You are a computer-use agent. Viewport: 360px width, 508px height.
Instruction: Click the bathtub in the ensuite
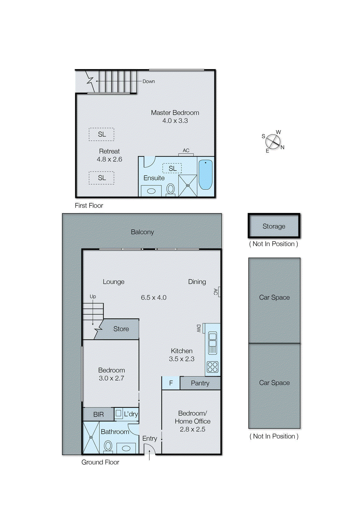[205, 175]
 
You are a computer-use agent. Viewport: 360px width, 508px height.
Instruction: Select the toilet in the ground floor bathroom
[108, 446]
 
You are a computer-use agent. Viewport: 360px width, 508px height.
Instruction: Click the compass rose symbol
[273, 141]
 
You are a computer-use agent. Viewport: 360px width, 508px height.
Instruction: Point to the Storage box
[274, 226]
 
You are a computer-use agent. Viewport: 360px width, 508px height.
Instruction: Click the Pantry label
[200, 383]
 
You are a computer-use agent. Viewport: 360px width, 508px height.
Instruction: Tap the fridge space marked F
[171, 383]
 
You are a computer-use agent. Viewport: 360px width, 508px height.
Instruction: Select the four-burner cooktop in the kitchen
[212, 367]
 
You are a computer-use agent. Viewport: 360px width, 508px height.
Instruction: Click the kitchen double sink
[213, 343]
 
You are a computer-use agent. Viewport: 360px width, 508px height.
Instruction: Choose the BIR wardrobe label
[98, 414]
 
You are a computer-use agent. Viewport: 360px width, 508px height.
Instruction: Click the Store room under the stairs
[121, 329]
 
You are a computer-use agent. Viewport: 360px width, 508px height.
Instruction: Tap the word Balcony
[142, 232]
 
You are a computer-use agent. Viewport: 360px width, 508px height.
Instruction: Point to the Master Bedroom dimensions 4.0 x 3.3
[175, 121]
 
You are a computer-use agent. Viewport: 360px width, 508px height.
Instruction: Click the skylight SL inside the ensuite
[172, 168]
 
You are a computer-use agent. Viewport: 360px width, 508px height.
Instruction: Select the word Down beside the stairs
[148, 81]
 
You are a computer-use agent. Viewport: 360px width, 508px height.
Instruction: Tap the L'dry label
[131, 414]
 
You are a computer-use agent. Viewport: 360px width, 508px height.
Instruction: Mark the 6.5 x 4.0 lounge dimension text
[153, 297]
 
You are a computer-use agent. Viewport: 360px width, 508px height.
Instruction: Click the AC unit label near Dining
[216, 291]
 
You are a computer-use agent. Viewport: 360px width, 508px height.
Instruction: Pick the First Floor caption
[89, 205]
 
